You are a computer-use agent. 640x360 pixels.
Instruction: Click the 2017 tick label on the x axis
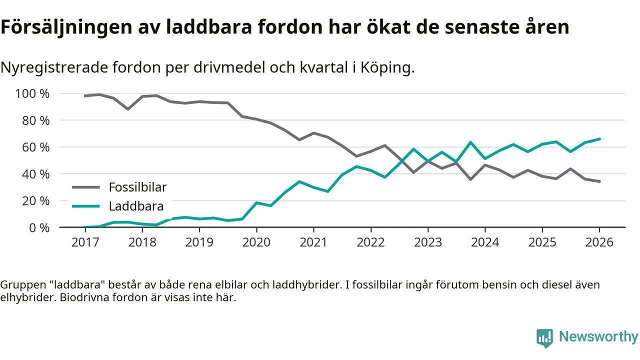85,242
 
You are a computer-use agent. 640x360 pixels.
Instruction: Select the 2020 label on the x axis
256,242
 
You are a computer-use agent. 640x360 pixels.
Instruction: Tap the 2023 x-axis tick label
428,242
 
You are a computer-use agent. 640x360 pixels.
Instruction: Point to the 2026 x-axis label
599,242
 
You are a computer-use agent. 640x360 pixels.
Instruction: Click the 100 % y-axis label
32,94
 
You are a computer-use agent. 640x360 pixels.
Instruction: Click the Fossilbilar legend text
137,187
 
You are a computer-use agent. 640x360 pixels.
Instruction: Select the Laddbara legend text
136,206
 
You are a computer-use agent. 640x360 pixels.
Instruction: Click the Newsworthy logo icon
544,337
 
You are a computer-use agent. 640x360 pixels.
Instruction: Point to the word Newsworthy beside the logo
598,336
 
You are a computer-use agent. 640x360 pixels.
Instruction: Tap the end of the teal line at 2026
599,138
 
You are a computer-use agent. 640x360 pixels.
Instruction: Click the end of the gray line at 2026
599,181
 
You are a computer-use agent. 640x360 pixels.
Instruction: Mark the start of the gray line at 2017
85,95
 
